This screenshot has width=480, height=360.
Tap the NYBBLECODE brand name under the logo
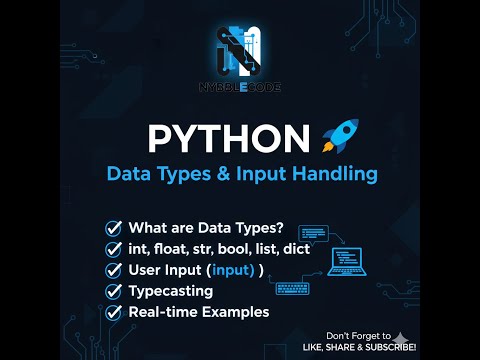tap(240, 88)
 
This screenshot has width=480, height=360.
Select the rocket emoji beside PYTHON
tap(340, 138)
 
